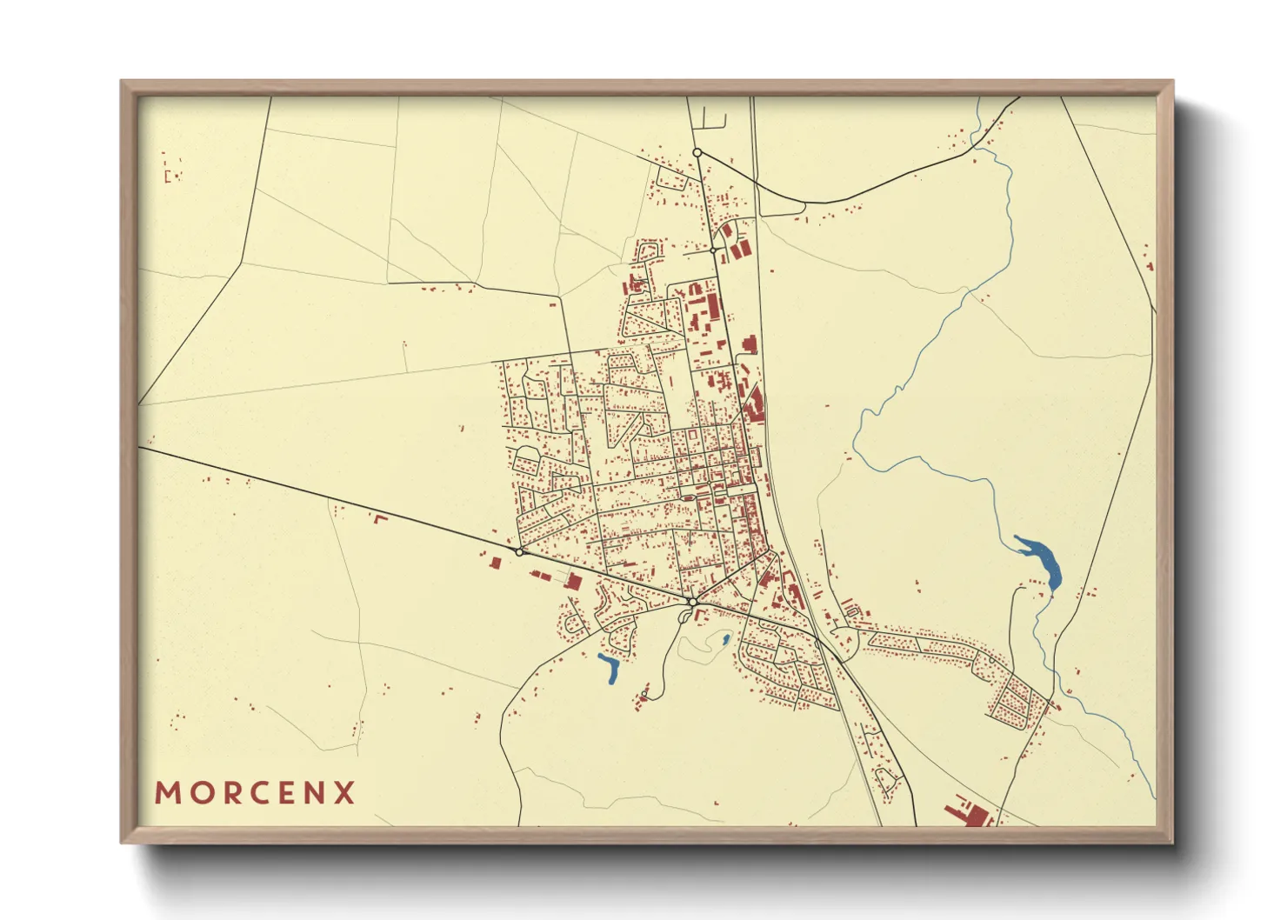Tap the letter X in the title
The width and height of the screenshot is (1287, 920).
click(x=345, y=793)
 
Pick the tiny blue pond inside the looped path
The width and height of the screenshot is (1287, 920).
click(x=725, y=640)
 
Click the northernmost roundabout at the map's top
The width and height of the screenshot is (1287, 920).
click(x=697, y=152)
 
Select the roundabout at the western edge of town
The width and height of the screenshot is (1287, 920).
click(x=519, y=552)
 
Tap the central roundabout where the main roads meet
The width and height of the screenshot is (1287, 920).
click(x=692, y=602)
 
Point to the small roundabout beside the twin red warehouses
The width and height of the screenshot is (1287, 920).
click(x=713, y=250)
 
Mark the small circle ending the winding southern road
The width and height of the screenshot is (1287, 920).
click(x=643, y=693)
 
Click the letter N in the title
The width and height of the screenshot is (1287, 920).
click(x=316, y=793)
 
